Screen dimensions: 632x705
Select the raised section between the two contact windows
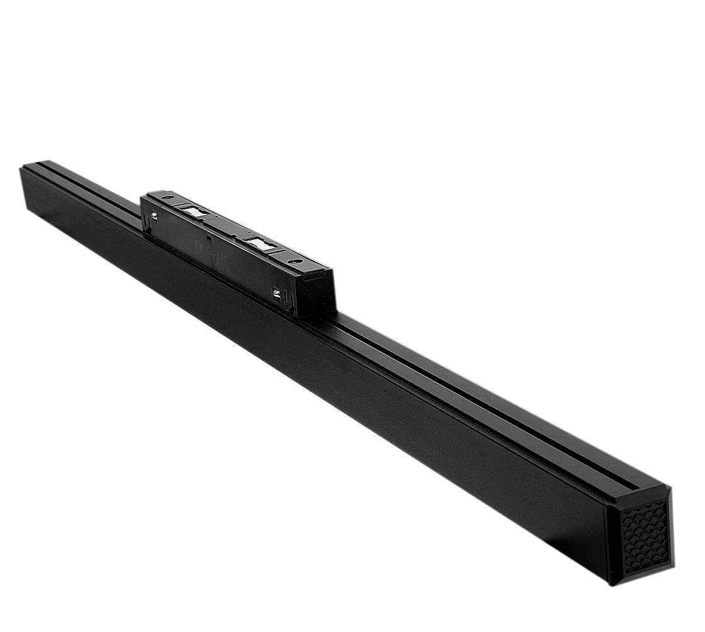pos(227,226)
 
